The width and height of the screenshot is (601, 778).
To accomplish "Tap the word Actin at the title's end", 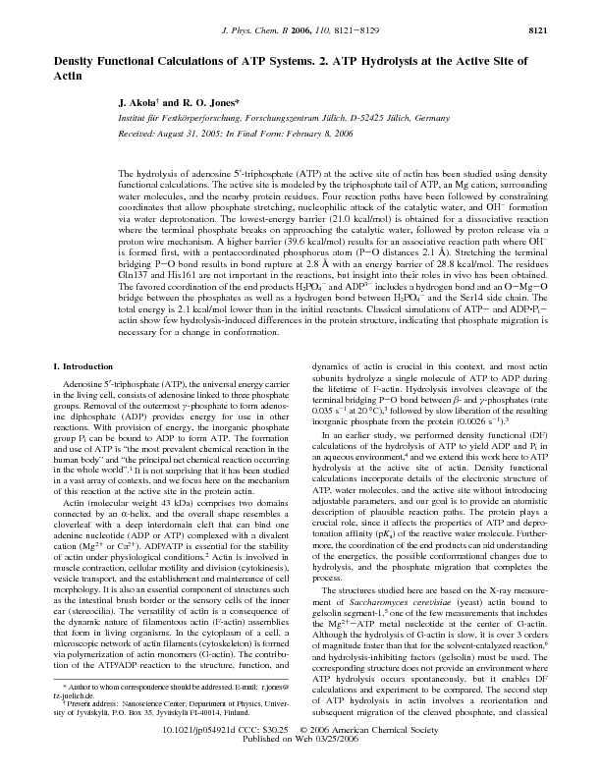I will tap(69, 75).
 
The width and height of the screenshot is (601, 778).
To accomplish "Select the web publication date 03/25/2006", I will tap(347, 767).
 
